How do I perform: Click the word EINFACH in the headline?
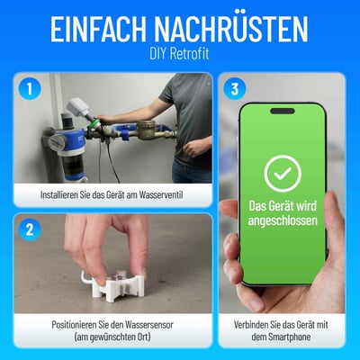point(101,29)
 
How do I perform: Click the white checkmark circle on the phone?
point(283,173)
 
